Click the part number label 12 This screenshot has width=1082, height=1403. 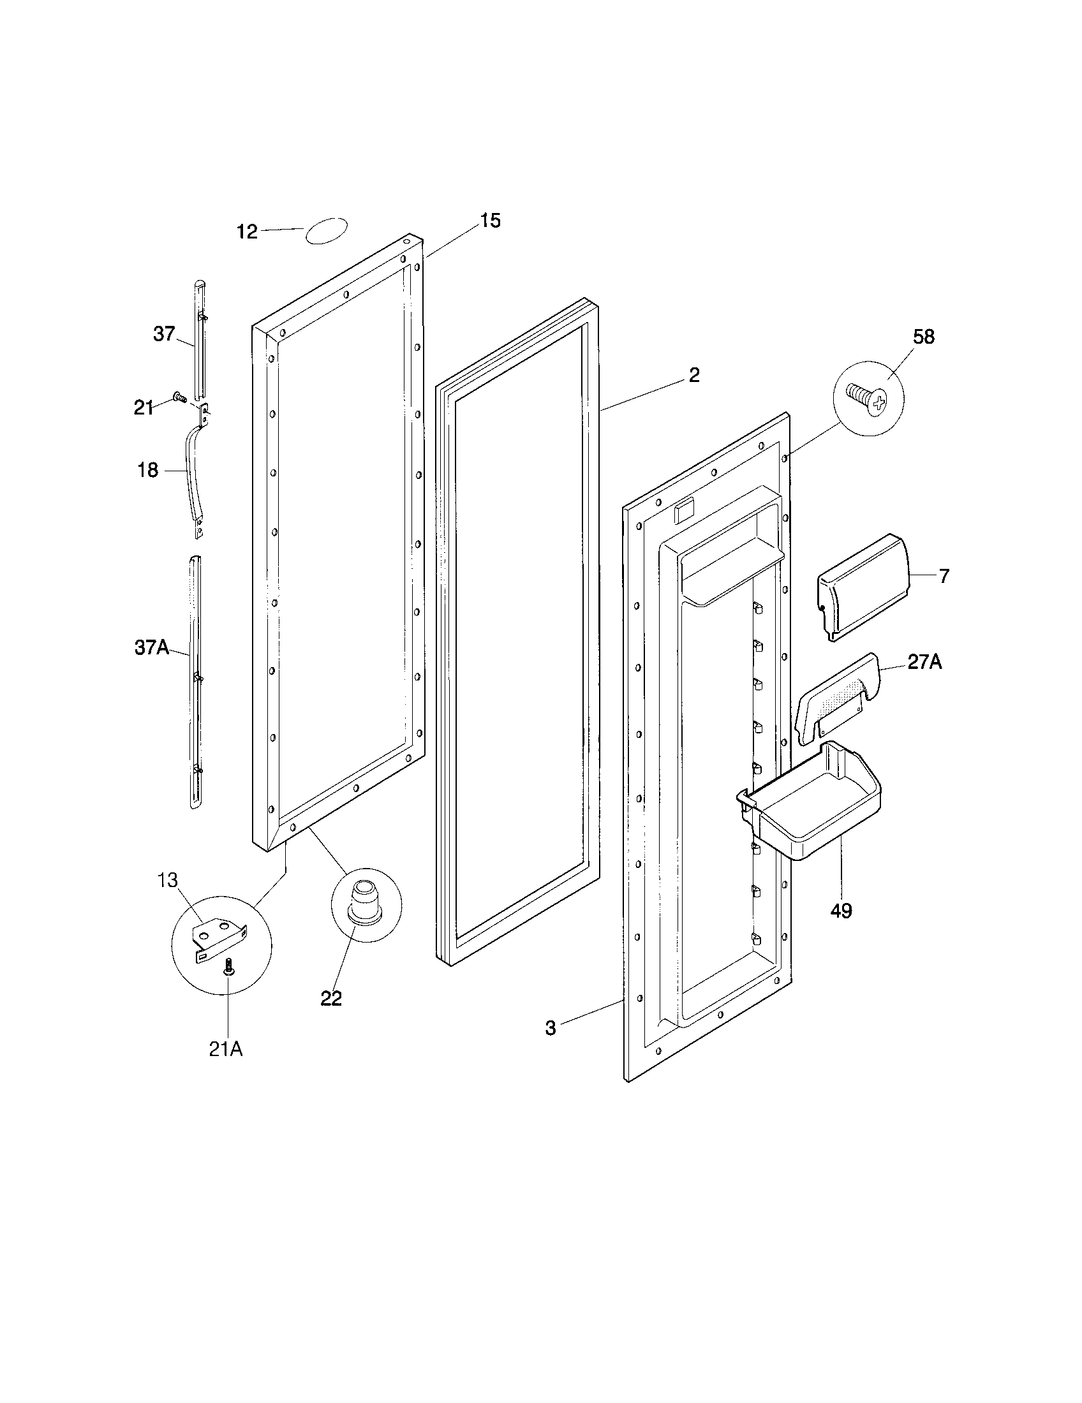(247, 232)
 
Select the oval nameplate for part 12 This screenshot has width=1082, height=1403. (327, 231)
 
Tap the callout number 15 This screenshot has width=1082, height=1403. (490, 221)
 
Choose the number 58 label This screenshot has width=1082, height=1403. (924, 337)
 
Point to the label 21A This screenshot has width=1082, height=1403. (226, 1049)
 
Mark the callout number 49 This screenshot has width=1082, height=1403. (841, 910)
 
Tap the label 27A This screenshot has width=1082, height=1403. (924, 663)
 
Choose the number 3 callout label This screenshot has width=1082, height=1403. (551, 1028)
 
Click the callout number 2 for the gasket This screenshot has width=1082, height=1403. (694, 376)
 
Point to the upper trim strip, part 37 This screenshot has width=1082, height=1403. (200, 341)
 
